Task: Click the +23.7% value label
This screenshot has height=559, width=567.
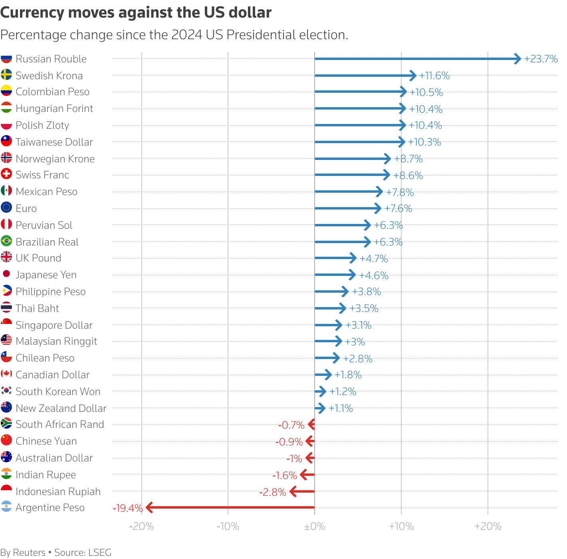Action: tap(541, 59)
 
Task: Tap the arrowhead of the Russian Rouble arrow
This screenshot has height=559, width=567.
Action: tap(518, 59)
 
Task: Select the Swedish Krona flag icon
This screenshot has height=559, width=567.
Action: tap(6, 75)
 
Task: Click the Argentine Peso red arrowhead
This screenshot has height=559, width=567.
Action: tap(149, 508)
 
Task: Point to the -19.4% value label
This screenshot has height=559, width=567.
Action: tap(128, 508)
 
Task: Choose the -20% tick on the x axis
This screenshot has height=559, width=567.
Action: tap(142, 526)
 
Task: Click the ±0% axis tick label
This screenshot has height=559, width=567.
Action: tap(315, 526)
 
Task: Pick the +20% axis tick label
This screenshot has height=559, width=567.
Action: tap(488, 526)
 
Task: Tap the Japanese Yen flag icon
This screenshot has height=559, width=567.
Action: tap(6, 274)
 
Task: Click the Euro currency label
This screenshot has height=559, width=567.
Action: tap(26, 208)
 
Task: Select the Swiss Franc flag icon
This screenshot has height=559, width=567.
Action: tap(6, 174)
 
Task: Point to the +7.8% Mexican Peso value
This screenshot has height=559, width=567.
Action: tap(400, 192)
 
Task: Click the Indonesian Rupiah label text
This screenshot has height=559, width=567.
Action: tap(58, 491)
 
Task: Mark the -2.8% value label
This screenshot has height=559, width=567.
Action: tap(273, 492)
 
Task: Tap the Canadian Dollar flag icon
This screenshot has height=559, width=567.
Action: tap(6, 374)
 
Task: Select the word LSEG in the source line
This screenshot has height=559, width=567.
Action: tap(100, 553)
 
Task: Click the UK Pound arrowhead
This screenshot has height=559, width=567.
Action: tap(353, 258)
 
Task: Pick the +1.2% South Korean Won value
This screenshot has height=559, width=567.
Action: tap(343, 391)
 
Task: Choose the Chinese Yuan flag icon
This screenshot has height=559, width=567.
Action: tap(6, 440)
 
